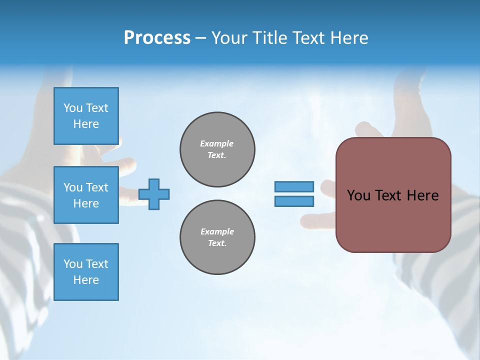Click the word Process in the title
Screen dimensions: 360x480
coord(157,38)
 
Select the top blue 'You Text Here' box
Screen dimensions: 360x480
coord(86,116)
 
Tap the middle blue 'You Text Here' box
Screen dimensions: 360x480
coord(86,195)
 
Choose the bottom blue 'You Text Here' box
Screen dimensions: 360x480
coord(86,272)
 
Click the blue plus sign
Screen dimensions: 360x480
coord(154,194)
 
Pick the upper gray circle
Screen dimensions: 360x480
coord(217,149)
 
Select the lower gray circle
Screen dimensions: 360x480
coord(217,237)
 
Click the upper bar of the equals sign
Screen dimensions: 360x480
coord(294,187)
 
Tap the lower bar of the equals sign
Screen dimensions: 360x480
coord(294,201)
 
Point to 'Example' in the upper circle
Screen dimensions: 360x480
coord(217,143)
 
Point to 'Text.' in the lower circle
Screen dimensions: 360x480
coord(217,243)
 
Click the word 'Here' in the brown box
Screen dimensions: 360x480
coord(422,195)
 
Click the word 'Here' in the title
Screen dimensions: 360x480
coord(350,38)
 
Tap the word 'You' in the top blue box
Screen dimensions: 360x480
coord(73,108)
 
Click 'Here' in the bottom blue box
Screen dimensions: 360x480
coord(86,280)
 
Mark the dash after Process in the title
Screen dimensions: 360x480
coord(200,38)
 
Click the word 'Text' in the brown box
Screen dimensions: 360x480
coord(388,195)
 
